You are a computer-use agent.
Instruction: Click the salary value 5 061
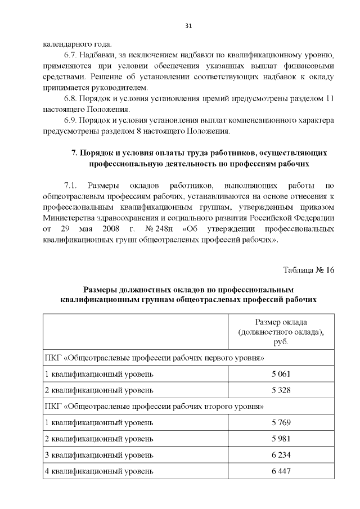pos(281,373)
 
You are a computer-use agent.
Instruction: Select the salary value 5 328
pos(281,390)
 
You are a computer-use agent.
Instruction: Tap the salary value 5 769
pos(281,422)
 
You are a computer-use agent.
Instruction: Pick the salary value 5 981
pos(281,439)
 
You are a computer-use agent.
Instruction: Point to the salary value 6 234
pos(281,455)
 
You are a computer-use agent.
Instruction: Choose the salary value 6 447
pos(281,471)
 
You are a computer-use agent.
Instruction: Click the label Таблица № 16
pos(308,269)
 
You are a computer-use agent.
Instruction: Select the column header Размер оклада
pos(281,322)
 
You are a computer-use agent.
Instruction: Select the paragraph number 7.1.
pos(70,185)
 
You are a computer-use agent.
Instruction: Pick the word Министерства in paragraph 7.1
pos(71,218)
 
